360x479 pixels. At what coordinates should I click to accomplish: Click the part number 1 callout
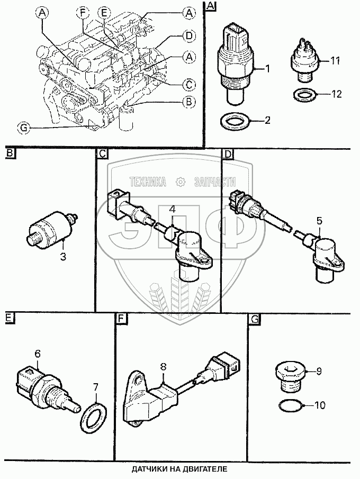[x=268, y=67]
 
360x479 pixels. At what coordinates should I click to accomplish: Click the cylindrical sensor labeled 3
[x=50, y=228]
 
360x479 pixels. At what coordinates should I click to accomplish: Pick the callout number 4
[x=172, y=210]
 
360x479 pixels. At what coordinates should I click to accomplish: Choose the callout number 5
[x=319, y=219]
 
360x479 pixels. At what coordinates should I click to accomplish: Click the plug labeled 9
[x=290, y=373]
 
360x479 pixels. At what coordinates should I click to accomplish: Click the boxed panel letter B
[x=10, y=155]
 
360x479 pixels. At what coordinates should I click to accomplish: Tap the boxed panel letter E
[x=9, y=318]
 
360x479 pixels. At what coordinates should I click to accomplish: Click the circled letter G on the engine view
[x=23, y=127]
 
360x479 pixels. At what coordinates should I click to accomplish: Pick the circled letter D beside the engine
[x=188, y=36]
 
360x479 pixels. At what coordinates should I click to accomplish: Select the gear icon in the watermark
[x=181, y=182]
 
